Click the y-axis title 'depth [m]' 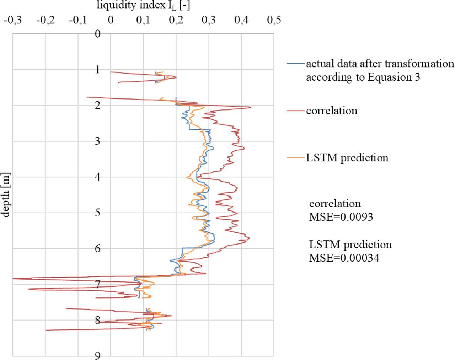(x=6, y=195)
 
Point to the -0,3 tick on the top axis (x=13, y=20)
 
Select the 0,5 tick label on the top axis (x=273, y=20)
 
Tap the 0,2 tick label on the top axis (x=176, y=20)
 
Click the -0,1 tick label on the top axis (x=78, y=20)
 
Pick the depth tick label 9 (x=97, y=355)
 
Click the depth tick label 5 (x=97, y=213)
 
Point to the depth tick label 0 (x=97, y=34)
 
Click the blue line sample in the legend (x=296, y=64)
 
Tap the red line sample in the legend (x=296, y=111)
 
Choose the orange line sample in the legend (x=296, y=158)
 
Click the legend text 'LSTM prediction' (x=347, y=158)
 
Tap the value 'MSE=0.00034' (x=344, y=258)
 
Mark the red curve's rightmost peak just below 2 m (x=251, y=107)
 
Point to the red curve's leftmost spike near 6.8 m (x=14, y=279)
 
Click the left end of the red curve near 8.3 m (x=47, y=330)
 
